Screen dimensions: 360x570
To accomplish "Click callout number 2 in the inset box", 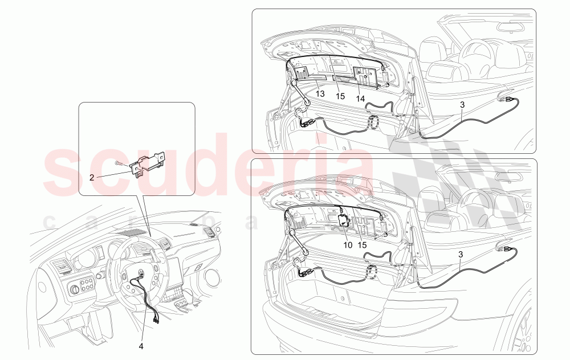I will tap(91, 177).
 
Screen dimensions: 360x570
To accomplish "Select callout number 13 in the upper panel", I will tap(320, 93).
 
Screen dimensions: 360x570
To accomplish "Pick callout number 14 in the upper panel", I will tap(361, 99).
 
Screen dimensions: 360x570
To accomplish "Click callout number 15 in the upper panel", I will tap(340, 96).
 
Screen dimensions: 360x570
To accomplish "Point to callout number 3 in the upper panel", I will tap(462, 104).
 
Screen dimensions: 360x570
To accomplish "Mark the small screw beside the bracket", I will tap(120, 163).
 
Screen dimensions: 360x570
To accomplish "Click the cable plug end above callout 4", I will tap(154, 318).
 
